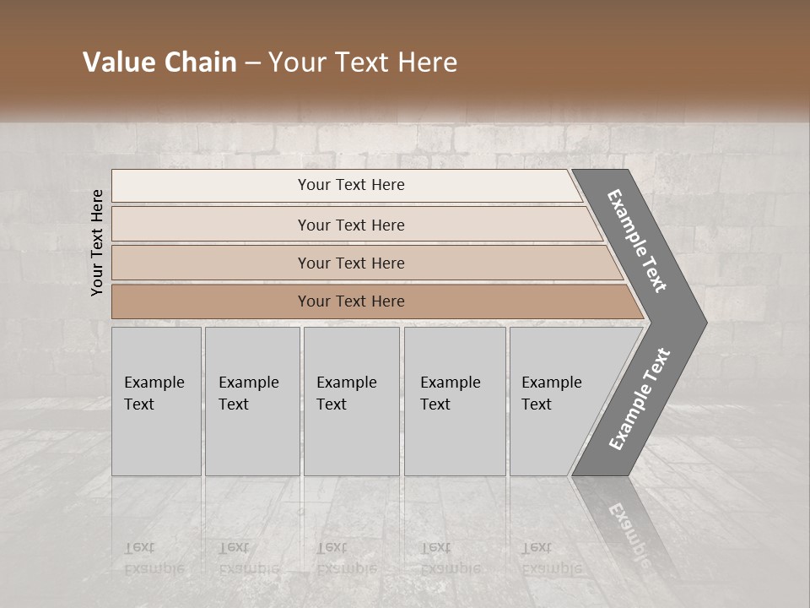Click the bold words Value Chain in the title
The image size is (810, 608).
pos(159,62)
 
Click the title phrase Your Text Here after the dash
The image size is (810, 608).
pos(363,62)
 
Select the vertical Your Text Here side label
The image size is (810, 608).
pos(98,242)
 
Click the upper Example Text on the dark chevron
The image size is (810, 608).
pos(637,241)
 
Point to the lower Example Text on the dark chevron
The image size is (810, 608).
pos(640,399)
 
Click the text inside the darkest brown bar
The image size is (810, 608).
pos(351,301)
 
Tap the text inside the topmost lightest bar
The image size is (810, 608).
pos(351,185)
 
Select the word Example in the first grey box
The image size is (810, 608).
pos(154,383)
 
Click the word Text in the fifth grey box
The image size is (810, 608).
pos(537,404)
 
